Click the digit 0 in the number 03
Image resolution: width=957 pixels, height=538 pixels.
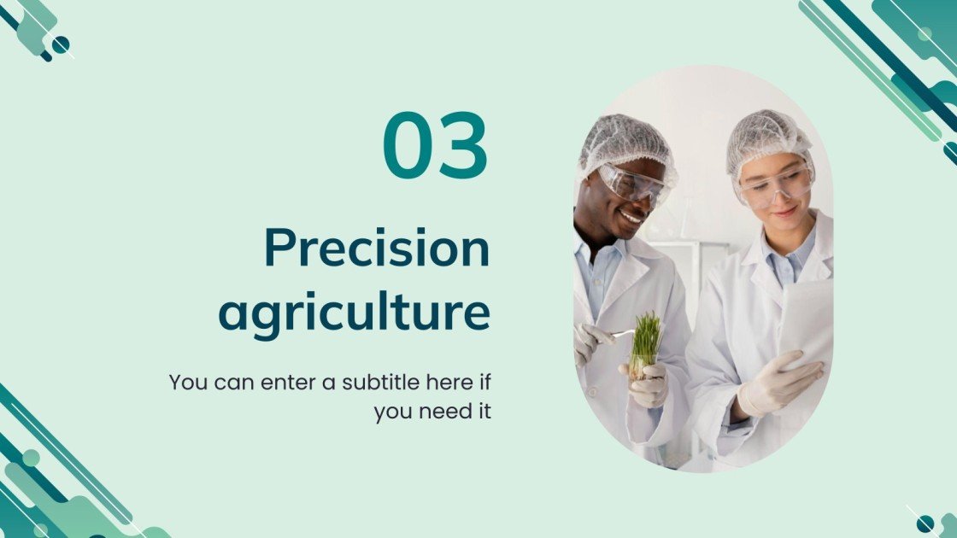pos(409,145)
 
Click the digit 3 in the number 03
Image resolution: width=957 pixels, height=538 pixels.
pos(463,145)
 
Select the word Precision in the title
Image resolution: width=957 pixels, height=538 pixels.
pos(377,249)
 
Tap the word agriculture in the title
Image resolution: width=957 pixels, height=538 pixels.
pos(355,313)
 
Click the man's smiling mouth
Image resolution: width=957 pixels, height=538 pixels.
pos(631,219)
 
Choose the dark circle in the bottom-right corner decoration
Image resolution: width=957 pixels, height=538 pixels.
pos(925,523)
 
